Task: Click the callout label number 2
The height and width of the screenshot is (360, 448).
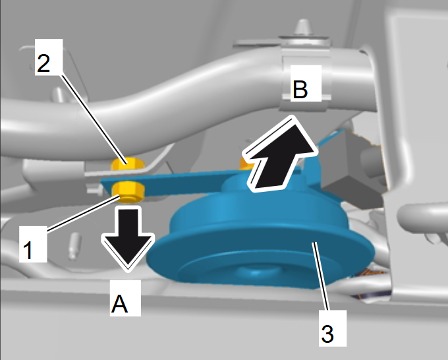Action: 43,63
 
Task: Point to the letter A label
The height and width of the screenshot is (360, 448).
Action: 119,304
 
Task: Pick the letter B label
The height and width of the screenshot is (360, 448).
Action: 300,90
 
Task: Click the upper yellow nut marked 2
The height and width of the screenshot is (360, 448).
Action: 127,164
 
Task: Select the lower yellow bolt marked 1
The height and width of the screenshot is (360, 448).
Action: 128,193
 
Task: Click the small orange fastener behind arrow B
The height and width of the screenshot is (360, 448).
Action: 245,164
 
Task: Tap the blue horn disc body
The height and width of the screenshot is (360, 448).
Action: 260,243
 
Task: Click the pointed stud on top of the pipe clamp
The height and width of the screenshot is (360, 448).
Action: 304,28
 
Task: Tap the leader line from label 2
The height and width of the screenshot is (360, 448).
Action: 94,119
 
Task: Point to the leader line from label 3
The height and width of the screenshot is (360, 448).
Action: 322,276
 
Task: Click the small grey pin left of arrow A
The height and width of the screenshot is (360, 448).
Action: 74,246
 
